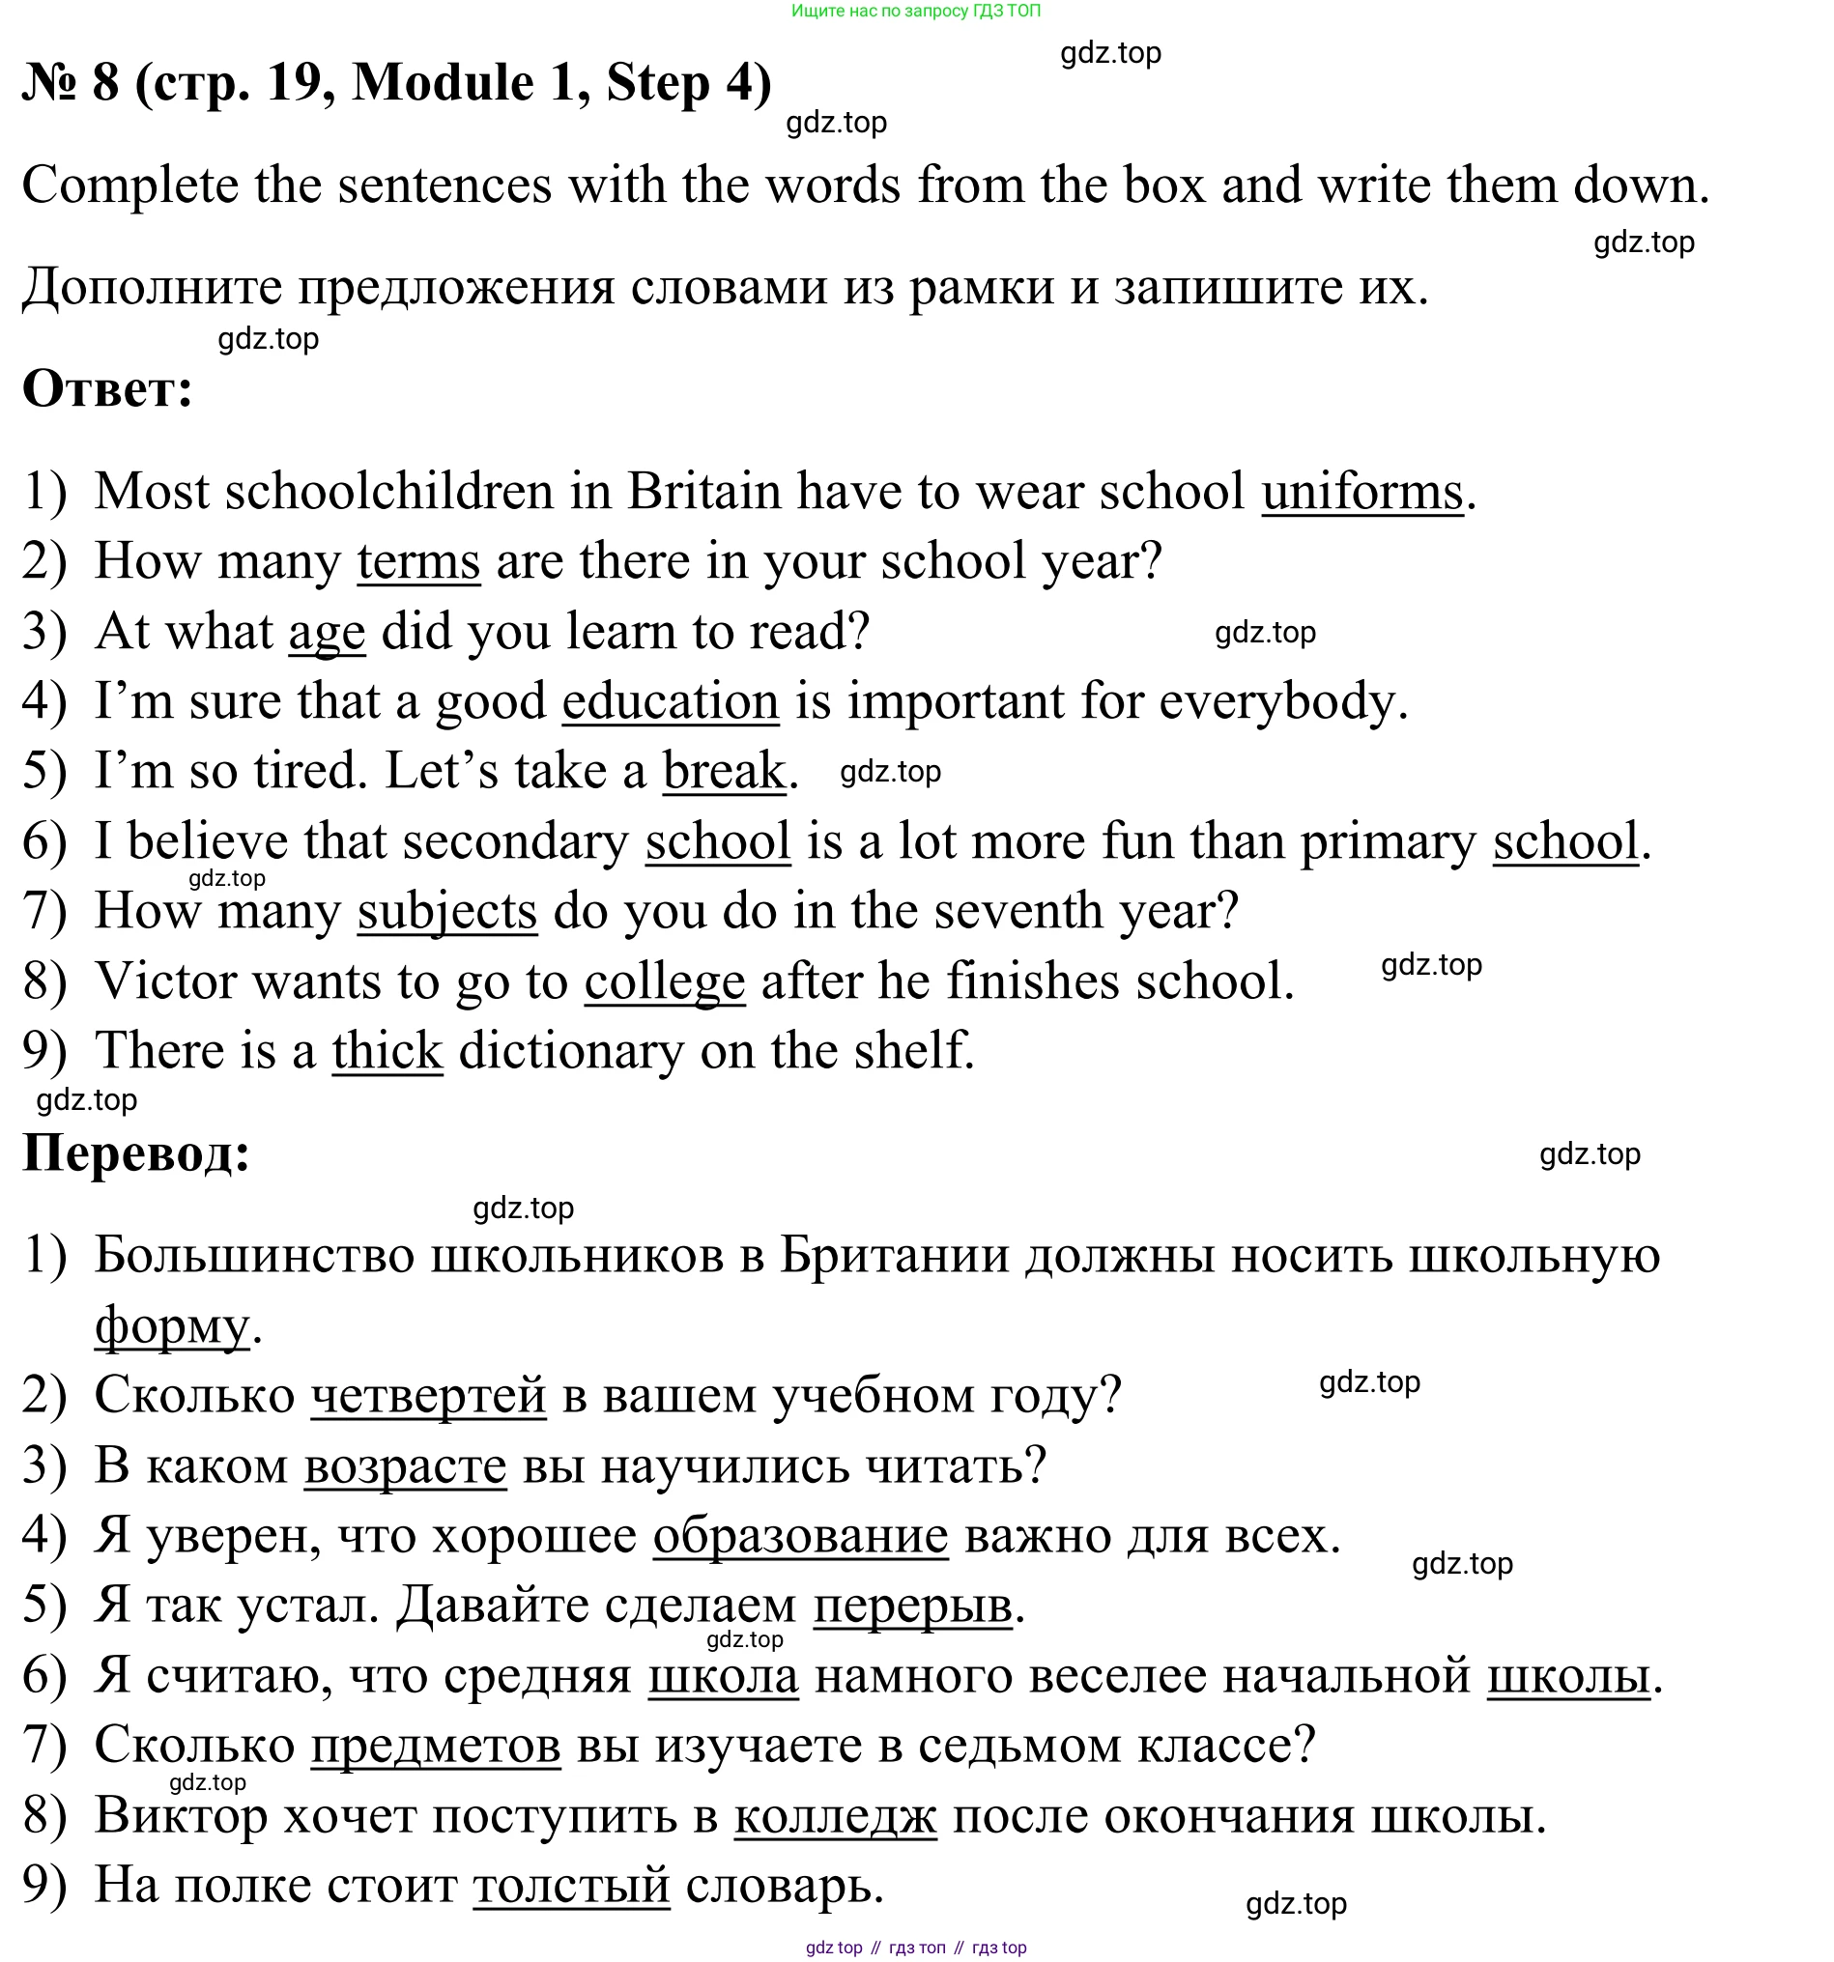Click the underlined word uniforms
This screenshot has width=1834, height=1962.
coord(1361,492)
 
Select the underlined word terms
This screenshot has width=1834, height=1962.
coord(418,561)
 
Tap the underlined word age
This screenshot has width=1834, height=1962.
coord(327,632)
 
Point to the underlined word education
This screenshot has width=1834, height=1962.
coord(671,701)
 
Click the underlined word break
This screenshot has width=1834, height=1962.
coord(724,771)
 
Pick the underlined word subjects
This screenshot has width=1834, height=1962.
coord(447,911)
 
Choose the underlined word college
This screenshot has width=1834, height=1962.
coord(664,981)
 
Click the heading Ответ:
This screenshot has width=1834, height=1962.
coord(107,389)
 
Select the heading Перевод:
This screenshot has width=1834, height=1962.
coord(136,1152)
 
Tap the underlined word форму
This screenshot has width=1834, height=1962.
coord(173,1325)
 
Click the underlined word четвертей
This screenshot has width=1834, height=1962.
coord(428,1396)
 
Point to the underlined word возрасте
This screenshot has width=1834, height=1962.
coord(405,1465)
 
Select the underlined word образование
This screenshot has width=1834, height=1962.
coord(800,1536)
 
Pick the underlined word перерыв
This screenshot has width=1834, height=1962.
coord(912,1606)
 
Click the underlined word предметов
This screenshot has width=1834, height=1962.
coord(435,1746)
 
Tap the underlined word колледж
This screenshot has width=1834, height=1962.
coord(835,1816)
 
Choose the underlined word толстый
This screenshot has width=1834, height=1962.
coord(571,1886)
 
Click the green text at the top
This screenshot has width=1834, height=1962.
coord(915,11)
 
